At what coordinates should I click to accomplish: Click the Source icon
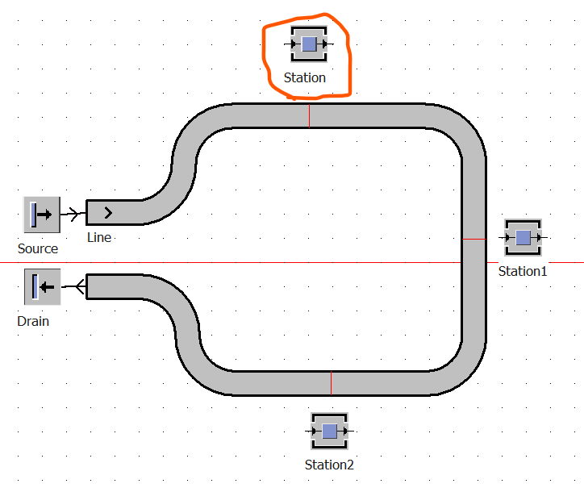(42, 215)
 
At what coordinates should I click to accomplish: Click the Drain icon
(43, 287)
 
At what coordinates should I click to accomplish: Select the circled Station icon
(309, 44)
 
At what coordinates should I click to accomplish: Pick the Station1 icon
(523, 238)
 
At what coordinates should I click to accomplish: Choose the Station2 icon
(329, 431)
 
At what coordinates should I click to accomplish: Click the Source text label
(38, 248)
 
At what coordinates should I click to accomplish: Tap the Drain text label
(33, 321)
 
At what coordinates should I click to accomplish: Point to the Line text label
(99, 238)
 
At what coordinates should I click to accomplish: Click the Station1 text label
(523, 272)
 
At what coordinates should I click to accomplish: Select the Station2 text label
(329, 465)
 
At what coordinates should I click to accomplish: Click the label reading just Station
(305, 78)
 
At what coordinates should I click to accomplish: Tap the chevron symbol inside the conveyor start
(108, 213)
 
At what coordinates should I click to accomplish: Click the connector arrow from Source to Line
(73, 214)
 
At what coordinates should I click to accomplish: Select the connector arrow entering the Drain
(73, 286)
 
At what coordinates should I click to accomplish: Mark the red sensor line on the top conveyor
(309, 116)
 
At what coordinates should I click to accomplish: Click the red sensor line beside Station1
(474, 239)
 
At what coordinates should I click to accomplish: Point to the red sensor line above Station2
(331, 383)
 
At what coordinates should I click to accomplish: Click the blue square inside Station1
(523, 238)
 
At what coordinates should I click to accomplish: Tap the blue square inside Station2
(329, 431)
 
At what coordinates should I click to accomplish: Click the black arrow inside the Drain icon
(48, 287)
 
